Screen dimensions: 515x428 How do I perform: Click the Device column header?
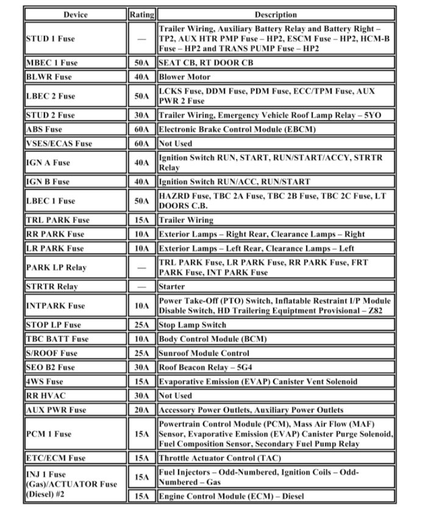75,15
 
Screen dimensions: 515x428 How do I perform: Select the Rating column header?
141,15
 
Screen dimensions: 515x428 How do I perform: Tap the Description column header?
276,15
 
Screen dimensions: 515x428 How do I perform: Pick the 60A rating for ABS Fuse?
141,129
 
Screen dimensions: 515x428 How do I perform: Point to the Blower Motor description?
185,77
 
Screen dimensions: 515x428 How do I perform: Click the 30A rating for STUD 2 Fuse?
141,115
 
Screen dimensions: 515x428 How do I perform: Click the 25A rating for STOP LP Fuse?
141,325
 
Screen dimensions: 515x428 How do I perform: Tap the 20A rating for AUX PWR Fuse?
141,410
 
